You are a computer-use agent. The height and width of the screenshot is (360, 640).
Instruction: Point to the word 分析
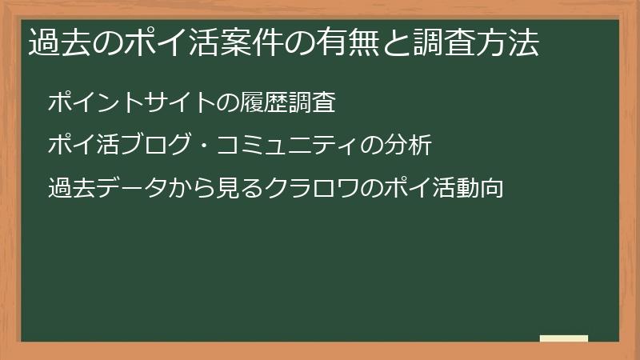coord(408,146)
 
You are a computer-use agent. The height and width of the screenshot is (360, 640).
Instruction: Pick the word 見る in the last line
coord(239,190)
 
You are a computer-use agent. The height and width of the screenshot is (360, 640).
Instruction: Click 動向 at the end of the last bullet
coord(480,190)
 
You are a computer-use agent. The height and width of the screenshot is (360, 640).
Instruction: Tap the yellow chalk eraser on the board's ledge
coord(564,339)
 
